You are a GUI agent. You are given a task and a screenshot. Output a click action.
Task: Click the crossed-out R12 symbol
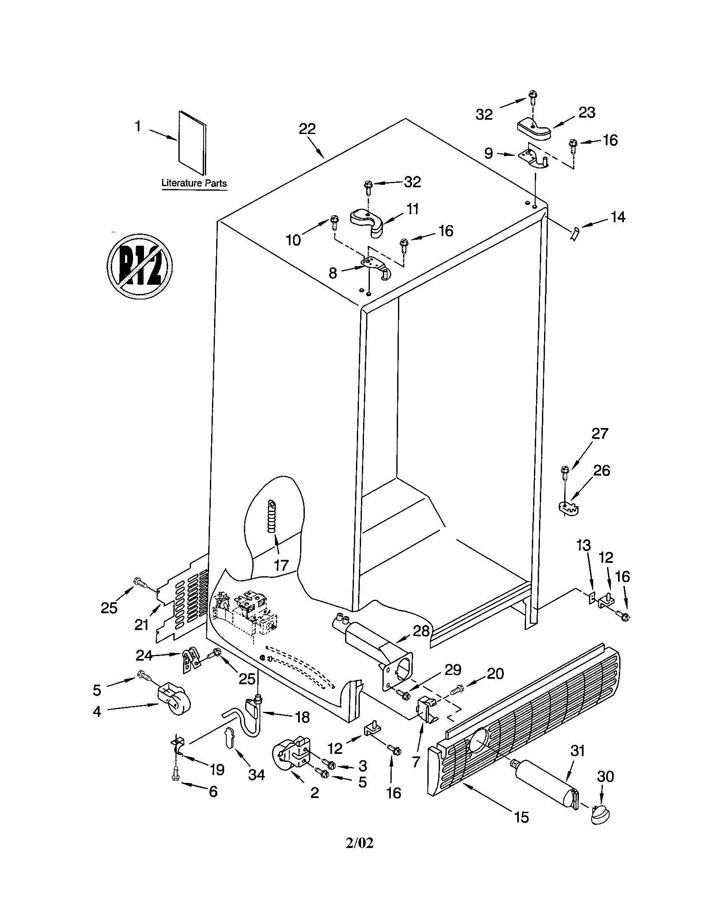tap(139, 266)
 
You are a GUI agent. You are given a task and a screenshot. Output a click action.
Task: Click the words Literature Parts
tap(194, 184)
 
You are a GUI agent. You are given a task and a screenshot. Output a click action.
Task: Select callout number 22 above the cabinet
tap(307, 129)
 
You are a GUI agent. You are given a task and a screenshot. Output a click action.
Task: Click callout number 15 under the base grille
tap(522, 817)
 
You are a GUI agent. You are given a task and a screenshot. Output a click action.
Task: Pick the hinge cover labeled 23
tap(534, 128)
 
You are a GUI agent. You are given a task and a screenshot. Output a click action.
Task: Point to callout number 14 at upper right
tap(618, 217)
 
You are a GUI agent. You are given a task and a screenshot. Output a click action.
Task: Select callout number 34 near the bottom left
tap(256, 774)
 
